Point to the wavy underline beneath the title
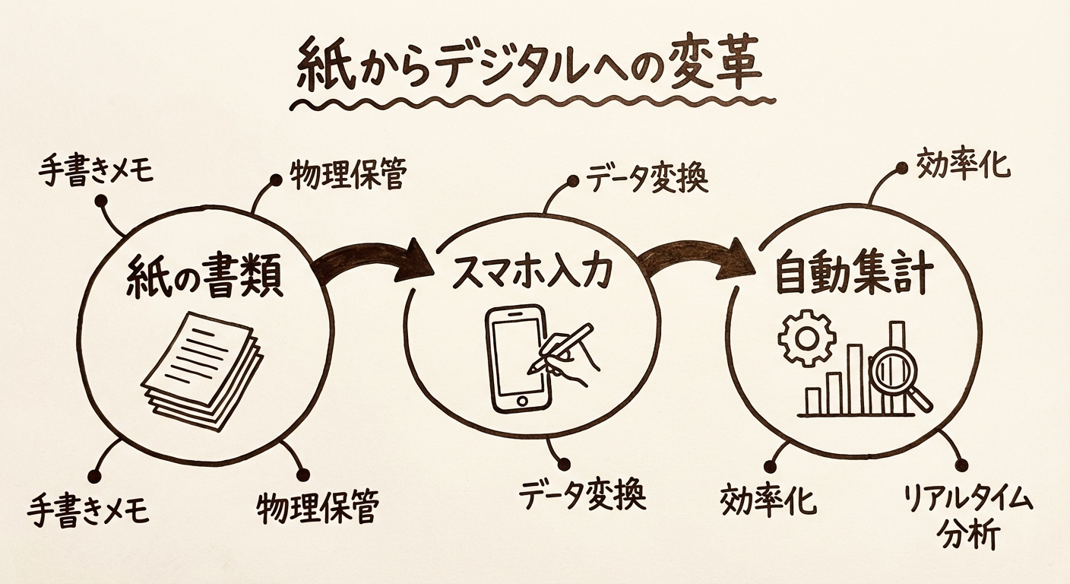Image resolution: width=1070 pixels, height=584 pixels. tap(532, 103)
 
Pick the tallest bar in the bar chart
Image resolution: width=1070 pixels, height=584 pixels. tap(897, 365)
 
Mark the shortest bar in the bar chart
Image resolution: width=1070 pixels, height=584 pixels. tap(813, 401)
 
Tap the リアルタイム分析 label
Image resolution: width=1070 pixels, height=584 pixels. tap(967, 517)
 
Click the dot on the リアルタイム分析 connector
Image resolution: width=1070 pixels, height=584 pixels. tap(961, 465)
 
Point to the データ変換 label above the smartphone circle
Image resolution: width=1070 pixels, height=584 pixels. tap(647, 180)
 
